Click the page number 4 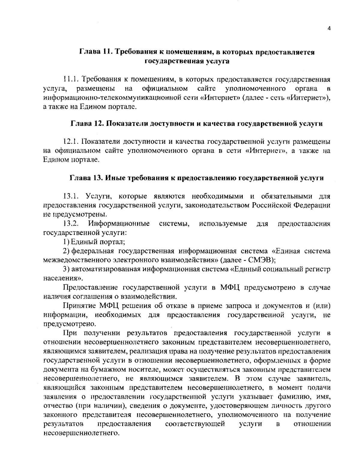(x=329, y=29)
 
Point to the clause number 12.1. (x=71, y=142)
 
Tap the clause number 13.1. (x=71, y=197)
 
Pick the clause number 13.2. (x=71, y=224)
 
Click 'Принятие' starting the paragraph (x=79, y=306)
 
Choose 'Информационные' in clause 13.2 (x=119, y=224)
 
